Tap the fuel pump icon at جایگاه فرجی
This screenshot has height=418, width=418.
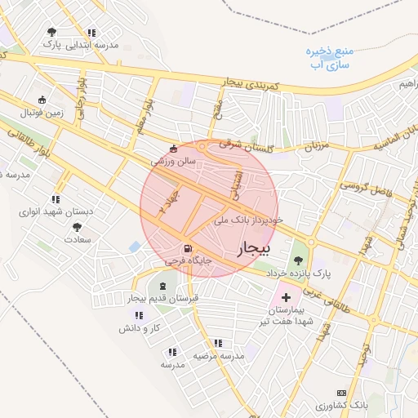(189, 248)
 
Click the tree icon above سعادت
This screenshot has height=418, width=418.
(77, 228)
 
